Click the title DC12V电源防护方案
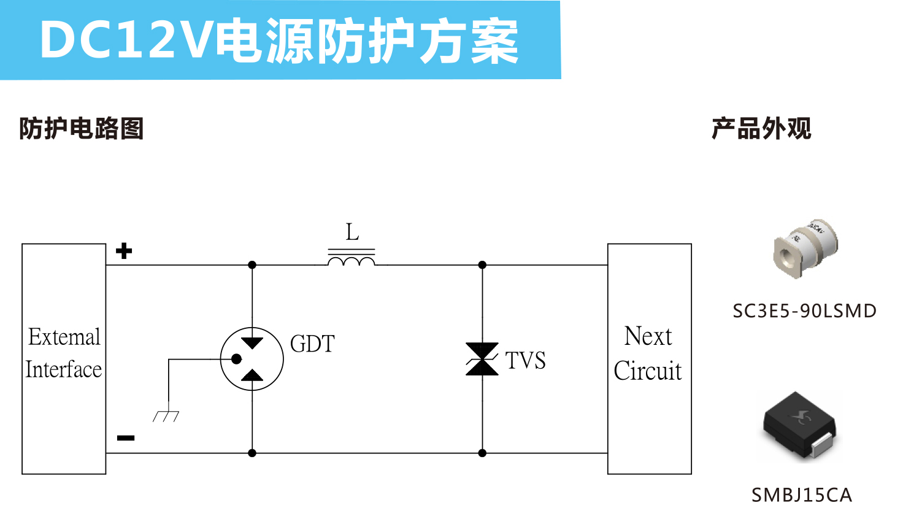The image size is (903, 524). (279, 41)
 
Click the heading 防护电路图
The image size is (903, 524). (81, 129)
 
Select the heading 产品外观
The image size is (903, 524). (761, 129)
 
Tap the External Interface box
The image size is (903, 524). (64, 358)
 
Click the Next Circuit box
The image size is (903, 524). (649, 358)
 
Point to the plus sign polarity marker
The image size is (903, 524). (124, 251)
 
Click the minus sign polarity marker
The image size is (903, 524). (126, 437)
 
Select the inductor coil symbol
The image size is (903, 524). (352, 261)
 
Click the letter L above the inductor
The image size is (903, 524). (352, 233)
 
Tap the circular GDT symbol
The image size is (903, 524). (252, 359)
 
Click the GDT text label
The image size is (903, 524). (312, 344)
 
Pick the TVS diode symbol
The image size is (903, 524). (482, 359)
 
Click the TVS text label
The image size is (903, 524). (525, 360)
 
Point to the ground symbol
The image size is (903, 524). (166, 415)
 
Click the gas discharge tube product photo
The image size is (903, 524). (804, 248)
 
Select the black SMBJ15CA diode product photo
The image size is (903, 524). (800, 425)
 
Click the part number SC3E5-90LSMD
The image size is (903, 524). (804, 311)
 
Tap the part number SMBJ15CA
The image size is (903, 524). (802, 495)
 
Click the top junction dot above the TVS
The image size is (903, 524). (482, 265)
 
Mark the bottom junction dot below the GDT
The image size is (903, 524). (252, 453)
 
